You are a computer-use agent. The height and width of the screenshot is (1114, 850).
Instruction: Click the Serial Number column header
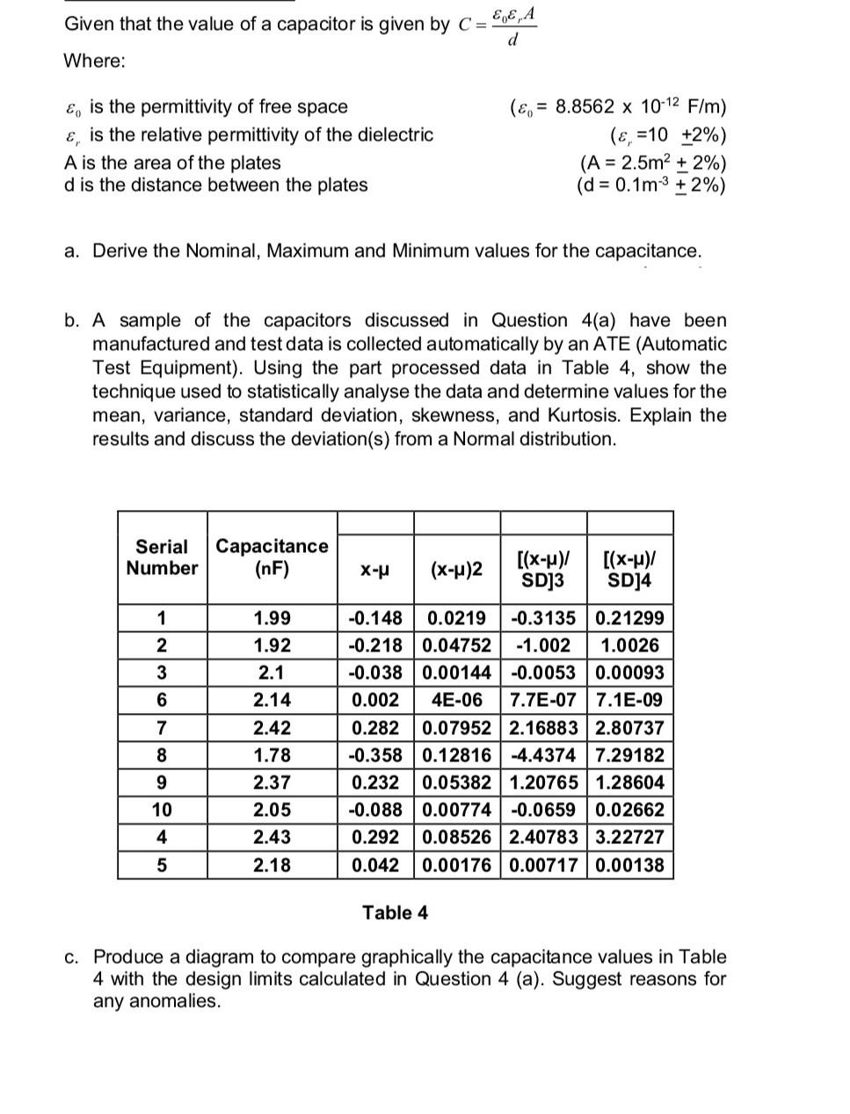point(162,557)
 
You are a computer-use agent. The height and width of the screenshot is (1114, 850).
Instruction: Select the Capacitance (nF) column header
point(272,557)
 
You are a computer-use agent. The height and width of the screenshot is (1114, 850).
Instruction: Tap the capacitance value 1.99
point(272,618)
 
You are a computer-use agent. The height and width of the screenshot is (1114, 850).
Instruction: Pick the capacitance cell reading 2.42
point(272,728)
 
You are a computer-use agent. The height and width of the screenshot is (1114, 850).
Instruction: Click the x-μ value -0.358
point(375,755)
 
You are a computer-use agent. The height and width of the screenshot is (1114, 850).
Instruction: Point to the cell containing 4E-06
point(456,701)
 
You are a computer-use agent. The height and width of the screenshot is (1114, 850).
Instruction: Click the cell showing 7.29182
point(629,755)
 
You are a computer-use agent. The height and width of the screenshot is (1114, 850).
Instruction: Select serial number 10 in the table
point(162,810)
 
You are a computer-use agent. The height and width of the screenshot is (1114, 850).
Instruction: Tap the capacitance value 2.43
point(272,837)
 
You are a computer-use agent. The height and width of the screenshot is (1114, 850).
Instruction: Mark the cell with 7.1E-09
point(629,701)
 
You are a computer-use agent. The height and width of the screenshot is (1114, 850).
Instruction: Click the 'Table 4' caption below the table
point(396,913)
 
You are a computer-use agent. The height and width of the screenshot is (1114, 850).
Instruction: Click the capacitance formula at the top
point(498,25)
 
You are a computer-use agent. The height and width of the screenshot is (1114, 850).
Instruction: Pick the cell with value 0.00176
point(456,865)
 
